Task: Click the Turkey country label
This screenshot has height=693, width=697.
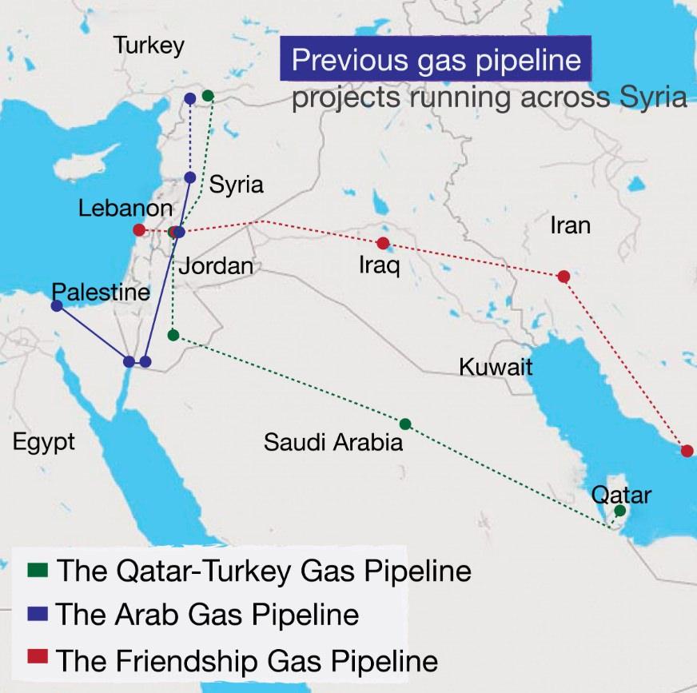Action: (x=149, y=46)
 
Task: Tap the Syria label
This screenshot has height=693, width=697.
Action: (x=236, y=185)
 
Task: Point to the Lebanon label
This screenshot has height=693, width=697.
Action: (x=125, y=209)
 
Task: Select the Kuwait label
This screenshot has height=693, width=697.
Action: (x=496, y=367)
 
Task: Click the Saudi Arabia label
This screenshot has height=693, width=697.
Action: (x=333, y=441)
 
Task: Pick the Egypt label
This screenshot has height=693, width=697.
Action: (x=43, y=441)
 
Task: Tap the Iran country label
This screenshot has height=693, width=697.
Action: (x=570, y=225)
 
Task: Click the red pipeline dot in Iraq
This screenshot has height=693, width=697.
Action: (x=383, y=243)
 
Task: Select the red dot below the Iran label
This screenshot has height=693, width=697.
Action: (x=564, y=277)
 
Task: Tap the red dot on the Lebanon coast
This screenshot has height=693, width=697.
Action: (x=139, y=230)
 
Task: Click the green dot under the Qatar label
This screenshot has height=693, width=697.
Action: (x=620, y=511)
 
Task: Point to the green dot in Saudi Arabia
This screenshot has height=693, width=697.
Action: (x=405, y=424)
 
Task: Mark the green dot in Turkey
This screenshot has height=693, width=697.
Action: (x=208, y=96)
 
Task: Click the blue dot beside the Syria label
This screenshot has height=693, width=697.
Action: (x=190, y=177)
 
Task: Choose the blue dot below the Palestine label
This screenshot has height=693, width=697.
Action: (x=57, y=305)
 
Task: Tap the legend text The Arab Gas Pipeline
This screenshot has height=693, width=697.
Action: (x=208, y=615)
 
